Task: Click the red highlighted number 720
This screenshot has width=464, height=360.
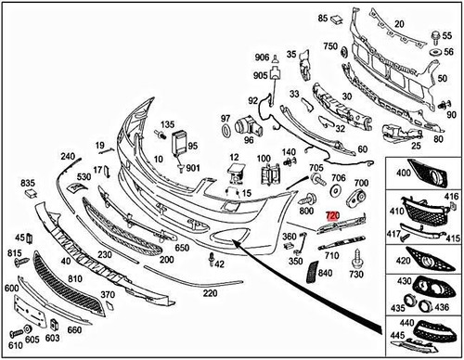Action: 332,214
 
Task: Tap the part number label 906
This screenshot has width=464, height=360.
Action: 263,57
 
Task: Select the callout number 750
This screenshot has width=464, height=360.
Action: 330,46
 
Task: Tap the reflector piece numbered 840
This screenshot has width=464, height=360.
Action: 312,269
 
